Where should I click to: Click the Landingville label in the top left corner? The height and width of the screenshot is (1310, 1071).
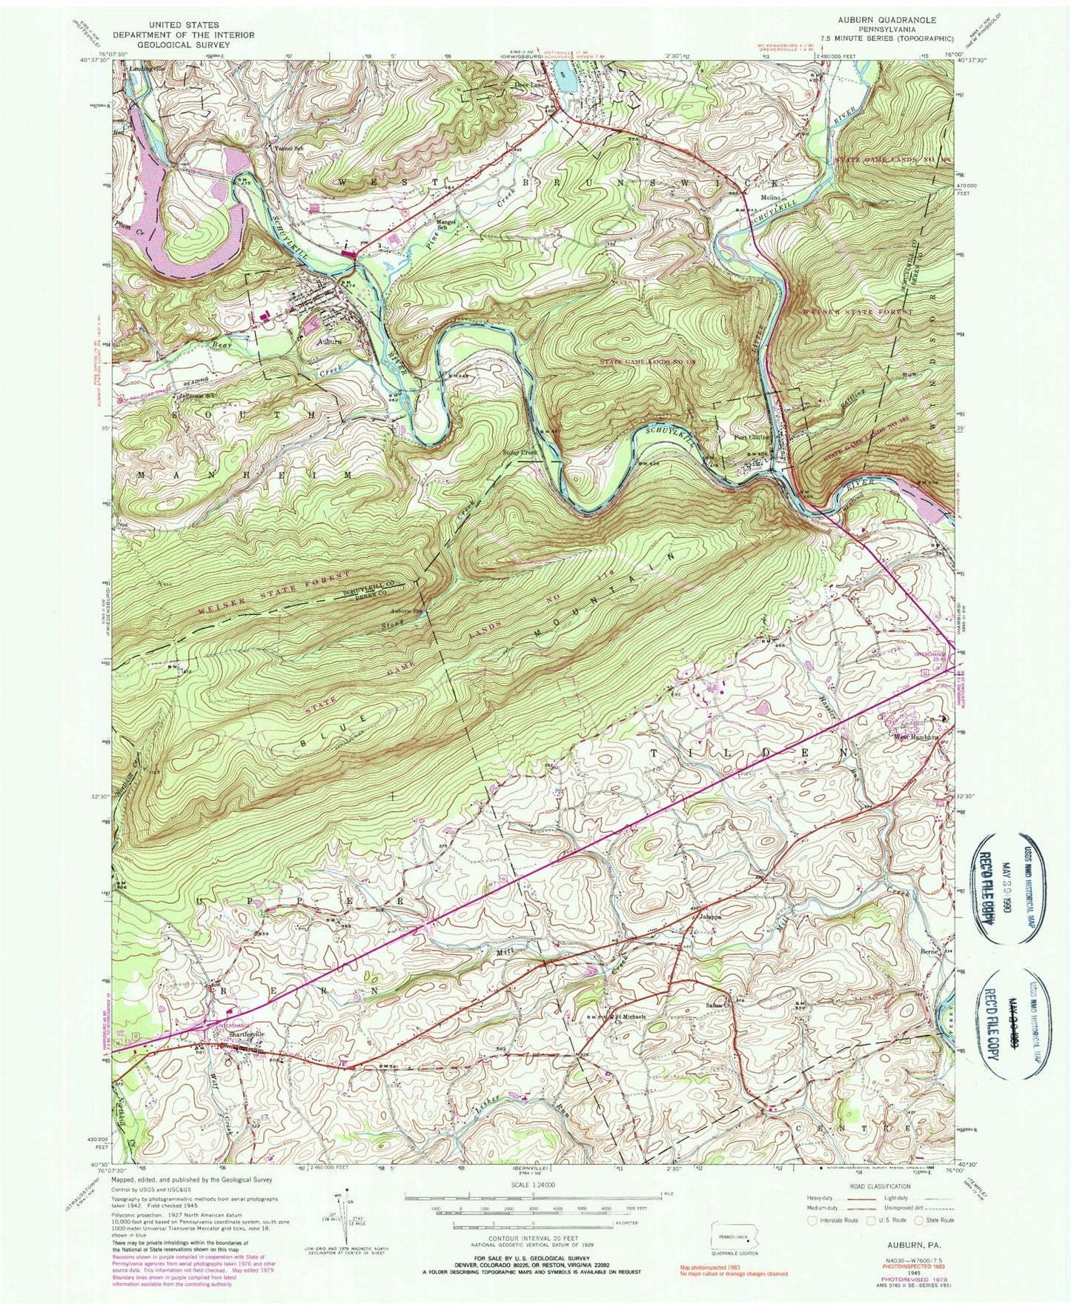147,68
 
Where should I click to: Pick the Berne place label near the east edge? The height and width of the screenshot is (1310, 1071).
929,951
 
